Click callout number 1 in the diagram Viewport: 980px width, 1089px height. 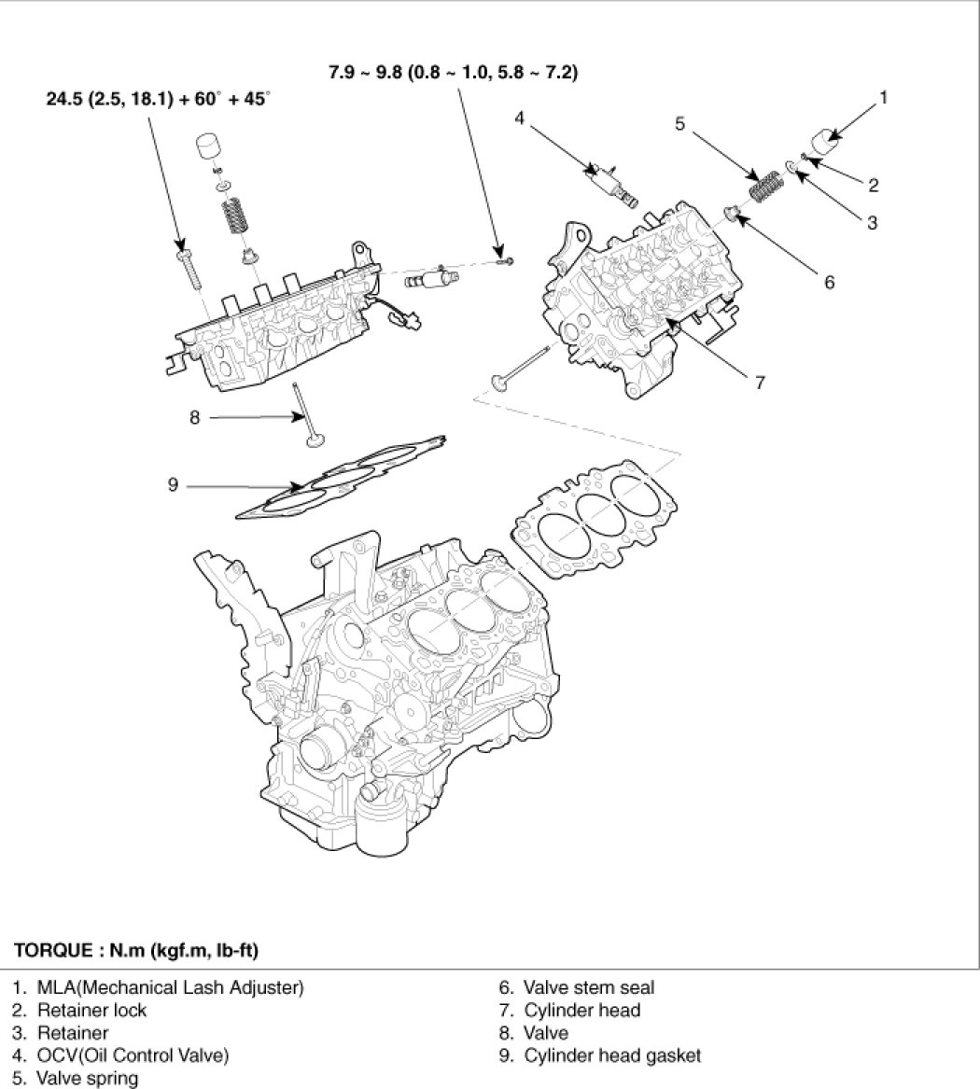(883, 95)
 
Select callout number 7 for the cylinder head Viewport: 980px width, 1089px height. (760, 382)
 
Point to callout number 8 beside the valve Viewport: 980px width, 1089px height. (194, 418)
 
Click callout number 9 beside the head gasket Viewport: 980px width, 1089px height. (174, 485)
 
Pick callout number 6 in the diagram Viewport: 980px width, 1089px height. (829, 282)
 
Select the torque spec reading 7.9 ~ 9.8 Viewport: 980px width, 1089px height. (452, 71)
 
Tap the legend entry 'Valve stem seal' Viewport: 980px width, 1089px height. (588, 987)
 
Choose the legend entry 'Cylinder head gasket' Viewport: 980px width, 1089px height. (611, 1056)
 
